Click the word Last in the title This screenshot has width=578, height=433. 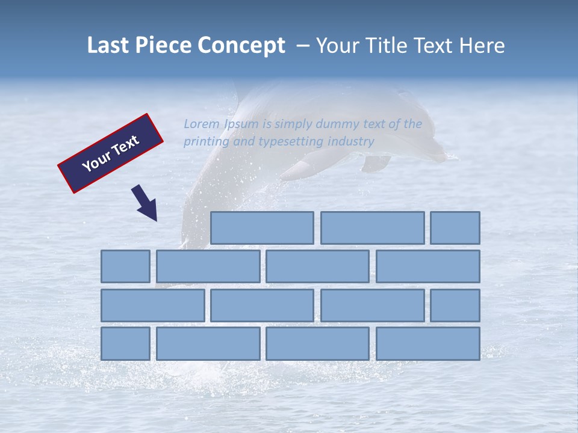(108, 46)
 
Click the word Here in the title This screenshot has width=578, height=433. (482, 46)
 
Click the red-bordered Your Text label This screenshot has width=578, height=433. (111, 153)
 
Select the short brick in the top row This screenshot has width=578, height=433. (455, 228)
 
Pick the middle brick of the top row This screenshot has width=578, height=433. (372, 228)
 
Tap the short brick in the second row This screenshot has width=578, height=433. (125, 266)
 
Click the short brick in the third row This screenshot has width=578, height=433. (455, 306)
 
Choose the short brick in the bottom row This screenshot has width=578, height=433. (125, 344)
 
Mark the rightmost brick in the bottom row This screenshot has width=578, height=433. (428, 344)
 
